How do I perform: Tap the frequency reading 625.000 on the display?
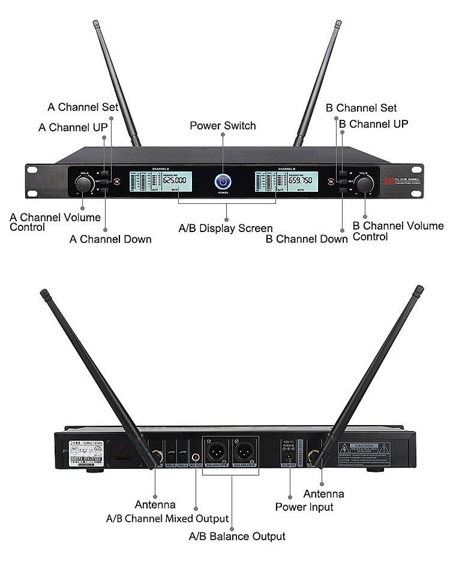pyautogui.click(x=175, y=180)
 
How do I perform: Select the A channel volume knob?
pyautogui.click(x=84, y=183)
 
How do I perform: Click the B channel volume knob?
pyautogui.click(x=364, y=184)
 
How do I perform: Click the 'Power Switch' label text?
pyautogui.click(x=223, y=126)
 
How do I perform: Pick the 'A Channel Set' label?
pyautogui.click(x=83, y=107)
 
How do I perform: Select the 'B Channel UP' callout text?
pyautogui.click(x=373, y=124)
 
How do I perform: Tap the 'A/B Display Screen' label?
pyautogui.click(x=226, y=228)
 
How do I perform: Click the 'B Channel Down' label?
pyautogui.click(x=307, y=239)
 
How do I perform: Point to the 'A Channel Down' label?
pyautogui.click(x=110, y=239)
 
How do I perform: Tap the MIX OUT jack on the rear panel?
pyautogui.click(x=196, y=458)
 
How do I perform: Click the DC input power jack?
pyautogui.click(x=289, y=459)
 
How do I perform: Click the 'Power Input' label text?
pyautogui.click(x=304, y=507)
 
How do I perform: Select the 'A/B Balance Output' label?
pyautogui.click(x=237, y=536)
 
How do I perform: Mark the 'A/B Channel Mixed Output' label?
pyautogui.click(x=167, y=518)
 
